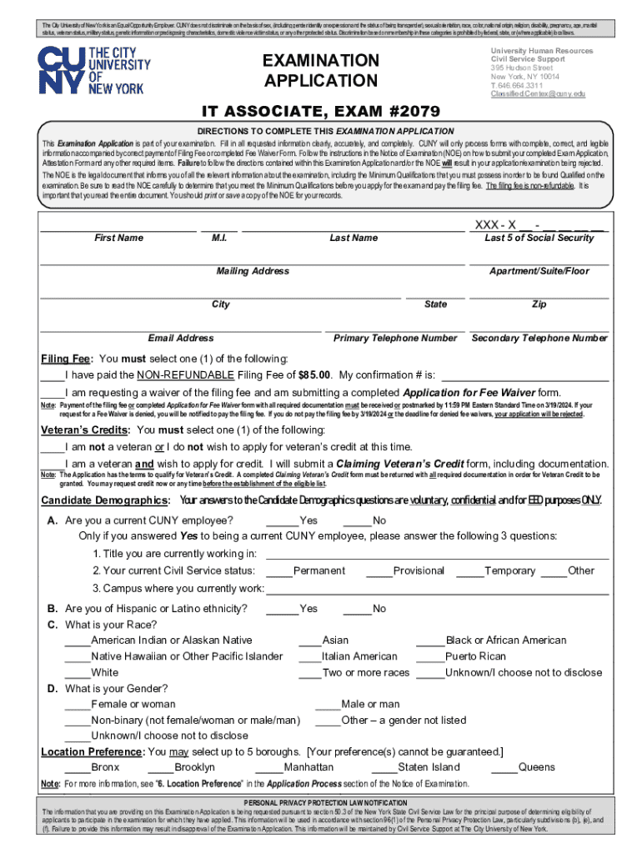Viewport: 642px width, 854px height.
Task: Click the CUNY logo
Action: pos(92,71)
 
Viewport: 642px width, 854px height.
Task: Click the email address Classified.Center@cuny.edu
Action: pos(538,94)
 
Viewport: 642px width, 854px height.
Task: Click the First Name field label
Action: pos(118,239)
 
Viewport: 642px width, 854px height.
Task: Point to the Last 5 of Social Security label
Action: pos(539,239)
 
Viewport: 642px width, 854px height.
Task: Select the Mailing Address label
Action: pos(253,272)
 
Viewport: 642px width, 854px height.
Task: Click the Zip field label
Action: pos(539,304)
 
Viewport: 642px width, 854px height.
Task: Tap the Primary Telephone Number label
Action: pos(395,339)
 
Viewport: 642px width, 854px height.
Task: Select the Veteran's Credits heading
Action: pos(85,430)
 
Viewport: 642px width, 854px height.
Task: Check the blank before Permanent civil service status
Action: pos(279,571)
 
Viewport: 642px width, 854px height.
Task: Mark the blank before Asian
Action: pos(309,640)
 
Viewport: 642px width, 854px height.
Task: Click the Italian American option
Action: pos(359,656)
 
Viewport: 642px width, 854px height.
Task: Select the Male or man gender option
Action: pos(370,705)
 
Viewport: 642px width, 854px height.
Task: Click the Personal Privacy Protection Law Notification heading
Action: pos(320,801)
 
